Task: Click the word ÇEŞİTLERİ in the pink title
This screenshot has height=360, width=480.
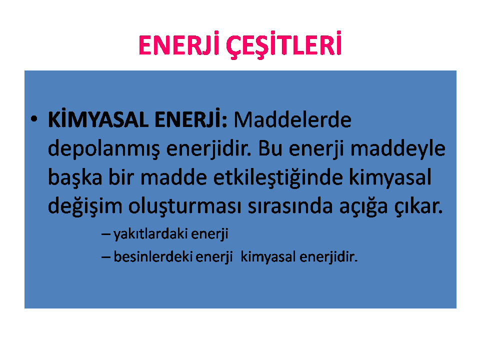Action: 284,45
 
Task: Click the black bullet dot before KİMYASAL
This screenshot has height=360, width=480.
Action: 34,119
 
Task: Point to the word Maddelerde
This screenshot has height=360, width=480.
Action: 292,119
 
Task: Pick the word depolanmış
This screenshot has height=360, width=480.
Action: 104,149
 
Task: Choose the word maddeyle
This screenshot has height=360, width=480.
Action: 397,149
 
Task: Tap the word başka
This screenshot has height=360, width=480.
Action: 75,177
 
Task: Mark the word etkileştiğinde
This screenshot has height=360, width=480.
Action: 278,177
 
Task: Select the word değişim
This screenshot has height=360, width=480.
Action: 85,206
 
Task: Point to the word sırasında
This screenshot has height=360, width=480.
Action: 290,206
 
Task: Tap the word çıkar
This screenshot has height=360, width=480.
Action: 418,206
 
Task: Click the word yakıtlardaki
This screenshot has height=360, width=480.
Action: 150,234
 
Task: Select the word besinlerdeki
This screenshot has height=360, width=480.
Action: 153,256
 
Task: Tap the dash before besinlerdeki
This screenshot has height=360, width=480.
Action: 106,257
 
